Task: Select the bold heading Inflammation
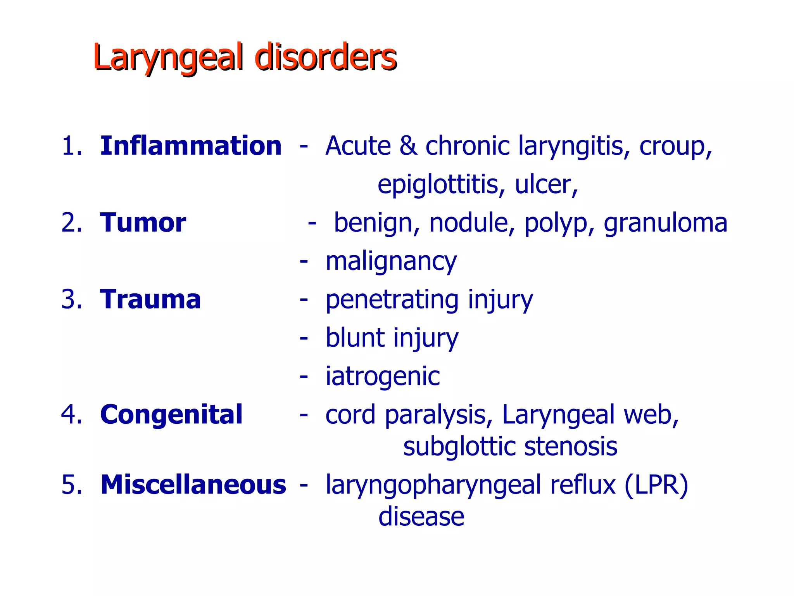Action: click(191, 146)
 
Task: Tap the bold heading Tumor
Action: click(143, 223)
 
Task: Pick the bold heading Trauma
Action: click(150, 300)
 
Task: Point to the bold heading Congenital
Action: click(171, 414)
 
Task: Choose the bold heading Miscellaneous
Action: click(193, 485)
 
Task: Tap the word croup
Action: click(675, 147)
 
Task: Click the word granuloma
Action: click(665, 223)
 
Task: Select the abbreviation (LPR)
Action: click(656, 485)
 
